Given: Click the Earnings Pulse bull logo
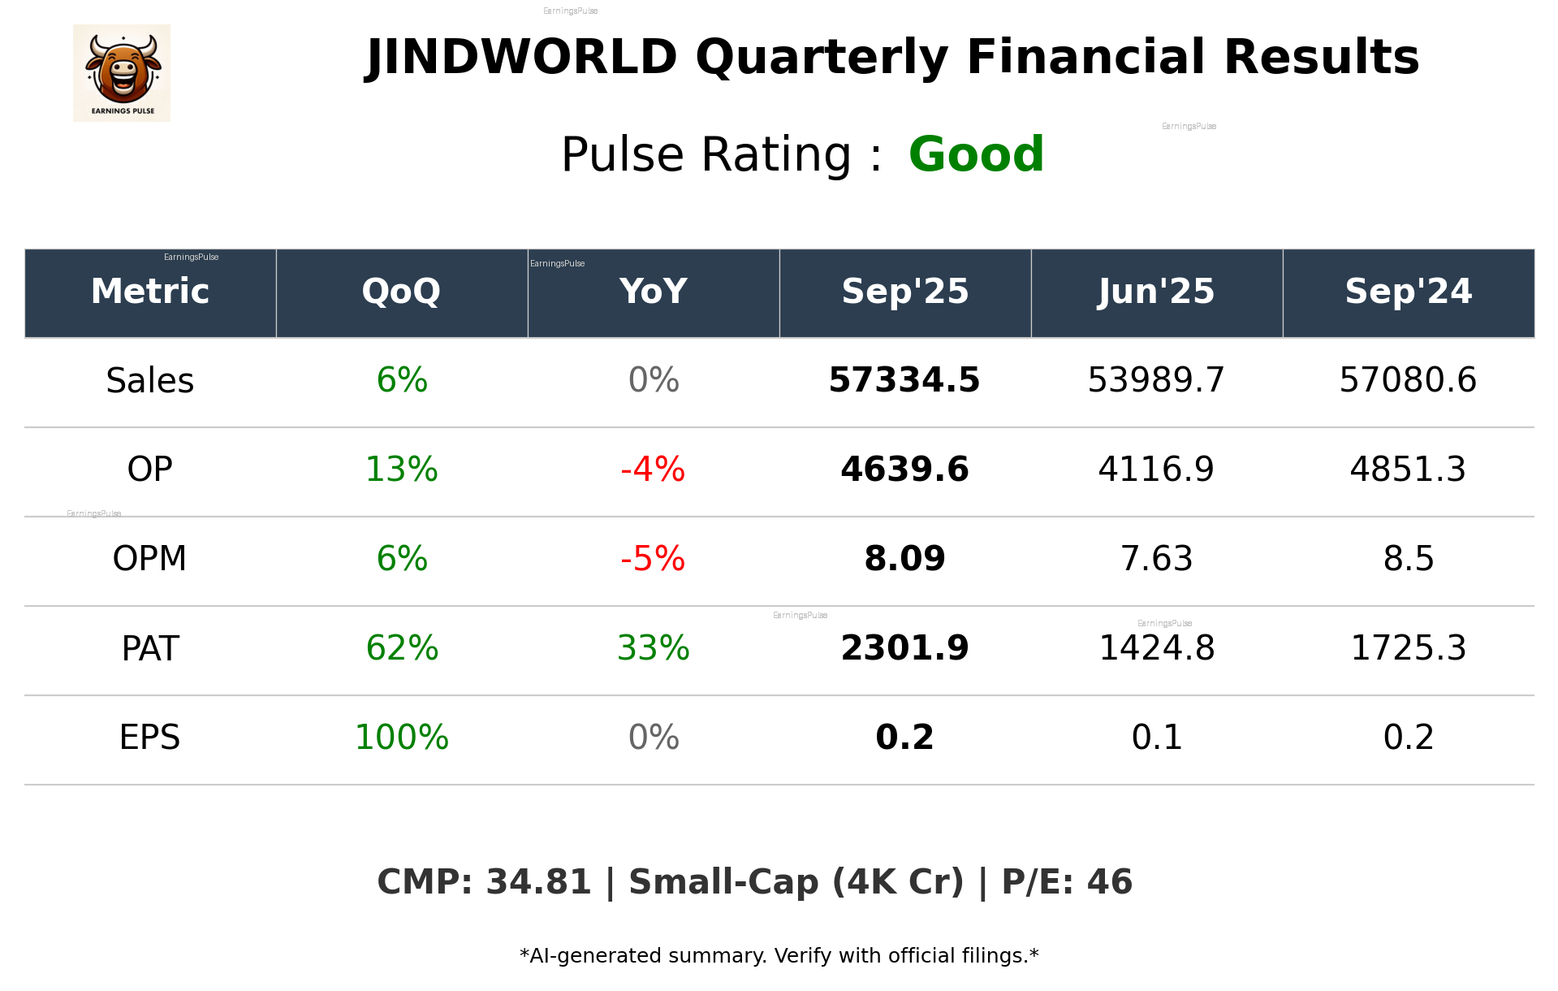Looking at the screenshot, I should [x=122, y=73].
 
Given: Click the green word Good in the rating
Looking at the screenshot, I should [x=976, y=154].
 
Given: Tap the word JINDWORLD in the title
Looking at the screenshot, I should [x=521, y=58].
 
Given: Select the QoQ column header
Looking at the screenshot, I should [x=401, y=292].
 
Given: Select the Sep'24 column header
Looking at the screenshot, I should [x=1408, y=292].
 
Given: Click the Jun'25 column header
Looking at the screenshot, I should [x=1156, y=292].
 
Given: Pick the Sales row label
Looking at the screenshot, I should [x=150, y=381].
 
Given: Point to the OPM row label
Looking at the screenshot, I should [x=150, y=559].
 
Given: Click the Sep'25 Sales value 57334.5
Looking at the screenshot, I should [x=904, y=381].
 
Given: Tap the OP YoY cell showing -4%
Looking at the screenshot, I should [x=653, y=470].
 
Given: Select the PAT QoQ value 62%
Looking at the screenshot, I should [x=402, y=648].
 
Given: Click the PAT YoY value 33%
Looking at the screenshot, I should [x=653, y=648].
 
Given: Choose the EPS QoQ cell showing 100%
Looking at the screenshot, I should [x=402, y=738].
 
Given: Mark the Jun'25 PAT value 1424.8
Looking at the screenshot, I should [x=1156, y=648].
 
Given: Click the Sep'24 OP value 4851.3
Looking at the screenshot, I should [x=1408, y=470].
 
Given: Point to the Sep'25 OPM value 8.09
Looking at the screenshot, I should [x=904, y=559].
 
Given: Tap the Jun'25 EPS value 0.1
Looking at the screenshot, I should [x=1156, y=738].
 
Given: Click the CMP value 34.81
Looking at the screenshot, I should [x=538, y=883].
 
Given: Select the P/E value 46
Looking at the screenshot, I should [x=1109, y=883].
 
